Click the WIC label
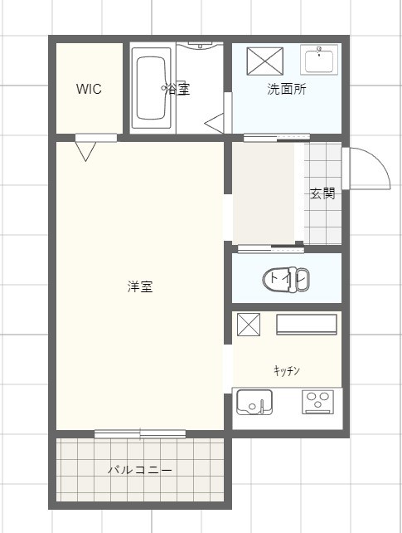pos(89,90)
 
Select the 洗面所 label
pos(286,90)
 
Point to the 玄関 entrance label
pos(322,194)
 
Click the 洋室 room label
pos(139,287)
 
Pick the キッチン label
pos(286,370)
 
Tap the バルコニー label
pos(139,470)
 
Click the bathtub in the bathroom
pos(152,88)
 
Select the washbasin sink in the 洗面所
pos(320,61)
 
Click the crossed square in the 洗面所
pos(265,61)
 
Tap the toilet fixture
pos(285,279)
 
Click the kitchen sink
pos(254,403)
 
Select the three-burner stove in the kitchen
pos(317,402)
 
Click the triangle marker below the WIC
pos(85,150)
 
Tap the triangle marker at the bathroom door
pos(216,125)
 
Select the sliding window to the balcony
pos(139,433)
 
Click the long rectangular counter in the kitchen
pos(307,325)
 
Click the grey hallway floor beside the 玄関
pos(264,193)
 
